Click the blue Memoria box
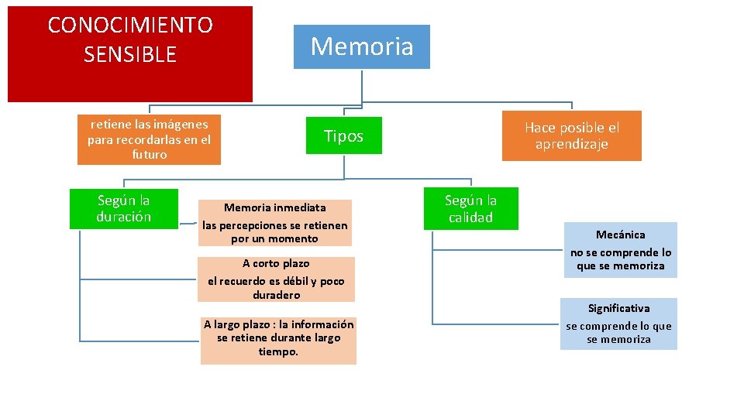click(x=362, y=46)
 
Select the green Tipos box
click(x=343, y=136)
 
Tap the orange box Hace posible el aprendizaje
click(x=572, y=135)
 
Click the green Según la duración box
click(x=124, y=209)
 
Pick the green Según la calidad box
click(x=470, y=209)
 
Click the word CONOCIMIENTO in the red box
click(x=130, y=26)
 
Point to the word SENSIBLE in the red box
click(x=130, y=55)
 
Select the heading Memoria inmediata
click(x=275, y=207)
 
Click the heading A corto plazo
click(x=276, y=263)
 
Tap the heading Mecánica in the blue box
click(x=620, y=235)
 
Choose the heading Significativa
click(x=618, y=308)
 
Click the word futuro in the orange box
click(x=149, y=154)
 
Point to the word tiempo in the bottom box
click(x=277, y=351)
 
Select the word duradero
click(x=276, y=295)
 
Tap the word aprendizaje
click(x=572, y=144)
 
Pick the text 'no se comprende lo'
click(x=621, y=252)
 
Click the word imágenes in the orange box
click(x=181, y=124)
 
